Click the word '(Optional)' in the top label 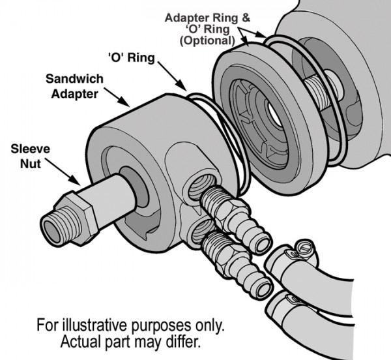209,40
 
